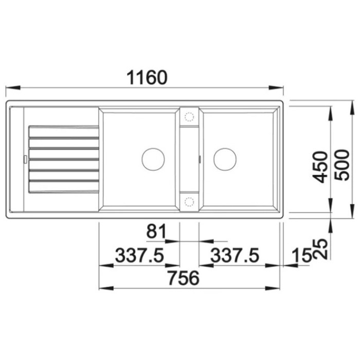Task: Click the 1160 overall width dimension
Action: pyautogui.click(x=147, y=77)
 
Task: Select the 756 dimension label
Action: pyautogui.click(x=183, y=278)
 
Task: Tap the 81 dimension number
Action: pyautogui.click(x=156, y=231)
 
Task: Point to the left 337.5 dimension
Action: pyautogui.click(x=139, y=255)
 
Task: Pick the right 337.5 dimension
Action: pyautogui.click(x=235, y=255)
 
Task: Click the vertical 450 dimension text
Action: pyautogui.click(x=320, y=167)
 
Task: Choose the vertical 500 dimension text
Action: pyautogui.click(x=341, y=165)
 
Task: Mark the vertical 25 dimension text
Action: pyautogui.click(x=320, y=249)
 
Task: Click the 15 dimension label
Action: pyautogui.click(x=302, y=255)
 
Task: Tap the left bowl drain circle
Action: pyautogui.click(x=153, y=159)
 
